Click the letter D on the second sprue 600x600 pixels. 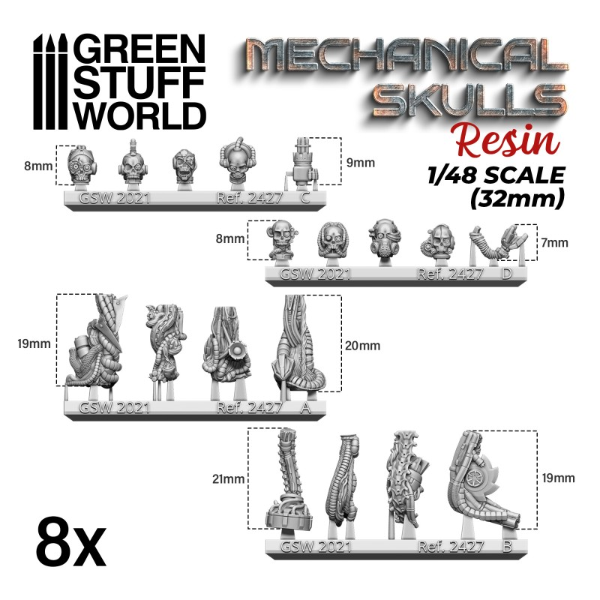[x=506, y=274]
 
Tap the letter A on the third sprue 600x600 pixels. [x=304, y=407]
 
